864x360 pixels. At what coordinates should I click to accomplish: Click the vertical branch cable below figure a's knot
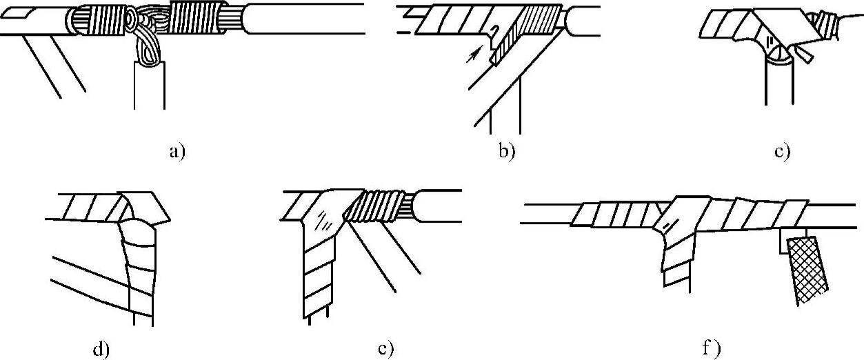[149, 86]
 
